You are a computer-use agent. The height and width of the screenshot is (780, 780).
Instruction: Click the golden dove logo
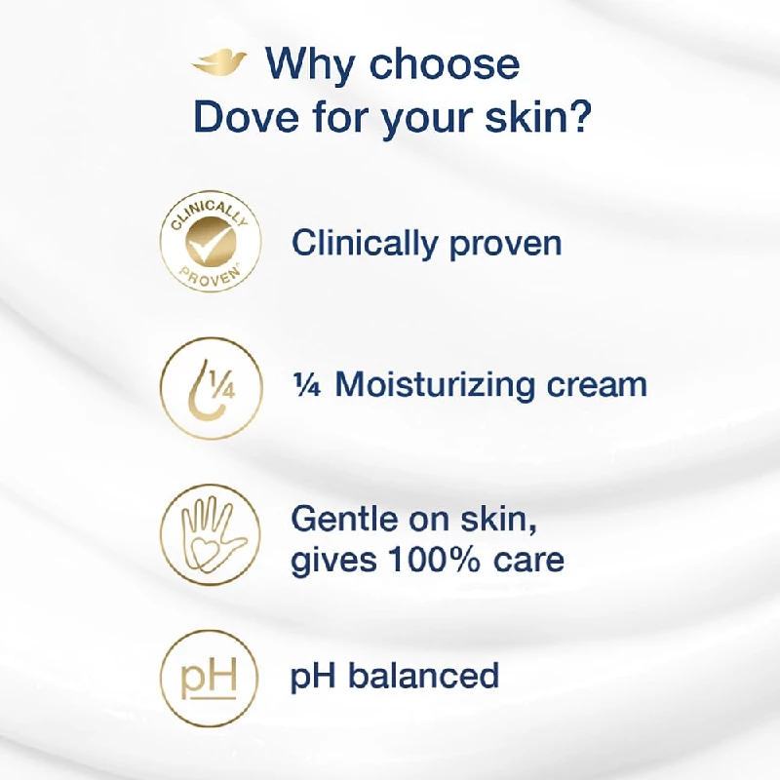(219, 64)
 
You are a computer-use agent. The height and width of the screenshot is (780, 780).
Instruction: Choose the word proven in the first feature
(506, 244)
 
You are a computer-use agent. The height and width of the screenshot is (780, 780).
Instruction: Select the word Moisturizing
(438, 384)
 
